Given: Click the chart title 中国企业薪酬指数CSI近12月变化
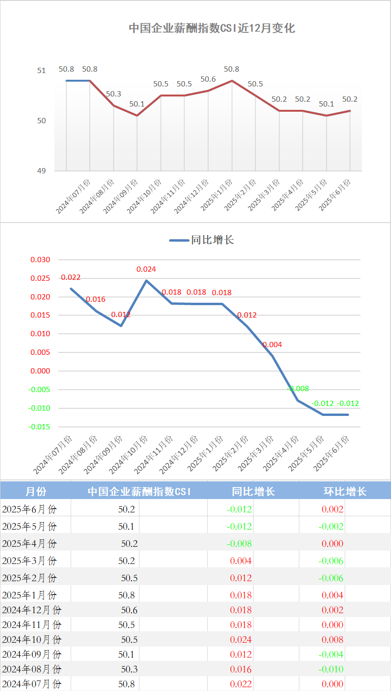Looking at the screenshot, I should point(212,28).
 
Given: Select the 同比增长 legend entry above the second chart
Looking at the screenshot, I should point(212,240).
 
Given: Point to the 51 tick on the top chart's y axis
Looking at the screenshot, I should point(42,71).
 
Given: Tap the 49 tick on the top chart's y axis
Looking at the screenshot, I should point(42,170).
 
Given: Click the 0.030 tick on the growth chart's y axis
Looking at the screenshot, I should point(40,260).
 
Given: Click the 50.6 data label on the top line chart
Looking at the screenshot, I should point(208,79).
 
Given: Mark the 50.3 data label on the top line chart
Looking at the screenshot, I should point(113,94).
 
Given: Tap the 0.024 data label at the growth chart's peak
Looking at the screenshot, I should point(146,269).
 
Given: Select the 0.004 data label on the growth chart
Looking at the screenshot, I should point(272,345).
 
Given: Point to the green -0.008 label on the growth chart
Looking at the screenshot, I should point(298,389).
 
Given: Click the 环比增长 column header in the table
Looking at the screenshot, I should point(345,491).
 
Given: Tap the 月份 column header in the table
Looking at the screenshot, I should point(36,491).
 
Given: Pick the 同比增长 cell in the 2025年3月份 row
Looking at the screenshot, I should point(241,561).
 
